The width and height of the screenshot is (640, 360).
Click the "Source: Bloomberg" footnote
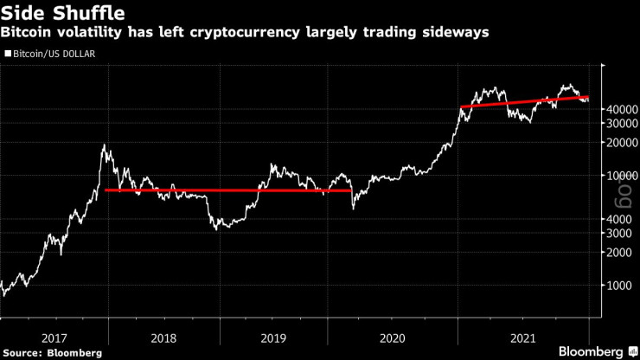tap(52, 352)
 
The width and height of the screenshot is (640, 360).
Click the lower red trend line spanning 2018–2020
tap(225, 190)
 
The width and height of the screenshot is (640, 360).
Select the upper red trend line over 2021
tap(523, 102)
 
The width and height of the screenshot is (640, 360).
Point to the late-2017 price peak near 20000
tap(104, 146)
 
